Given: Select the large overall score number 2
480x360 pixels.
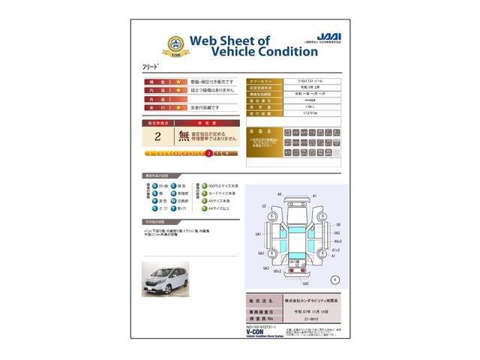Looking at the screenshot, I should (x=157, y=136).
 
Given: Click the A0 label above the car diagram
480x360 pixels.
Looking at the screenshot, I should (x=279, y=194).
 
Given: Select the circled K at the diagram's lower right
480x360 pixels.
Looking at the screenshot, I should (x=334, y=278).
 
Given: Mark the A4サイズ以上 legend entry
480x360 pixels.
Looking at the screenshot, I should (x=216, y=210).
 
